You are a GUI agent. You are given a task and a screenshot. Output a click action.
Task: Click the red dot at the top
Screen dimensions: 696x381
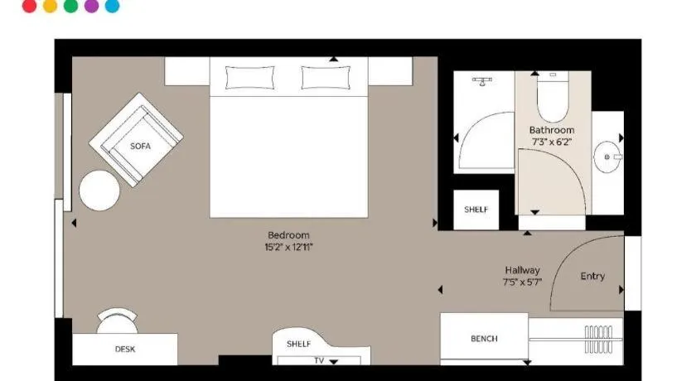29,6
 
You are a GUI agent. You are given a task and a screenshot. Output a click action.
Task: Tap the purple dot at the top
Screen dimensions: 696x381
91,6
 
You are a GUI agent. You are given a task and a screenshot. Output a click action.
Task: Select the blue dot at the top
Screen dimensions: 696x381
113,6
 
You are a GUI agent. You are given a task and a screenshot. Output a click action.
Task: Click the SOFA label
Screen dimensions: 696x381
140,146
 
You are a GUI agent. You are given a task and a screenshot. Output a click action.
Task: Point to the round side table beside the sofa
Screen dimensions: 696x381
99,190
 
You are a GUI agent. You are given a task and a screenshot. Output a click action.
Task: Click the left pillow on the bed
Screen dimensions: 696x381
250,78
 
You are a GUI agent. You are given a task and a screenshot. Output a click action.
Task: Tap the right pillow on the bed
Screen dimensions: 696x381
326,78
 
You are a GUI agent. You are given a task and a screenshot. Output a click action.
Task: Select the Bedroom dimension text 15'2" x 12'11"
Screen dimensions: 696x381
288,247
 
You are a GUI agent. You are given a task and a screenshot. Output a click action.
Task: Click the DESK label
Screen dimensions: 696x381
125,349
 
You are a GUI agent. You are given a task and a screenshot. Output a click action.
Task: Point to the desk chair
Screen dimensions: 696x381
117,321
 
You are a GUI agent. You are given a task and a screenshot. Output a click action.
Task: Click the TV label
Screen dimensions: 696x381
319,360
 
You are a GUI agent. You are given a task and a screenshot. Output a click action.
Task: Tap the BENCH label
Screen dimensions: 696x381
484,339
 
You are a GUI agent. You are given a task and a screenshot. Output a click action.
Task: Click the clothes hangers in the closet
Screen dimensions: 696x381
598,340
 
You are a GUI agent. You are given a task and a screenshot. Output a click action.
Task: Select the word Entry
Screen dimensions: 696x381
592,277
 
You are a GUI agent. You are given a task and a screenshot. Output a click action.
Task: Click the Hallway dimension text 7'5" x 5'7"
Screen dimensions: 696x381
523,282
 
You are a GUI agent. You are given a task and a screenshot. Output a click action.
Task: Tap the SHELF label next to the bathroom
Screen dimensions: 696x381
476,210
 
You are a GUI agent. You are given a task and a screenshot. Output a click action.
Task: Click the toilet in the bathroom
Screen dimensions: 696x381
553,97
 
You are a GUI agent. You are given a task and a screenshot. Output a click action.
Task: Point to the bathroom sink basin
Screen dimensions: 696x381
607,157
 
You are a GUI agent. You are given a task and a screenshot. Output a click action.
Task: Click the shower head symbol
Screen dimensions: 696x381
482,81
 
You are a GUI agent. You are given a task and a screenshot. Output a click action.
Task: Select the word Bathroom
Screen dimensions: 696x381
552,130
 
